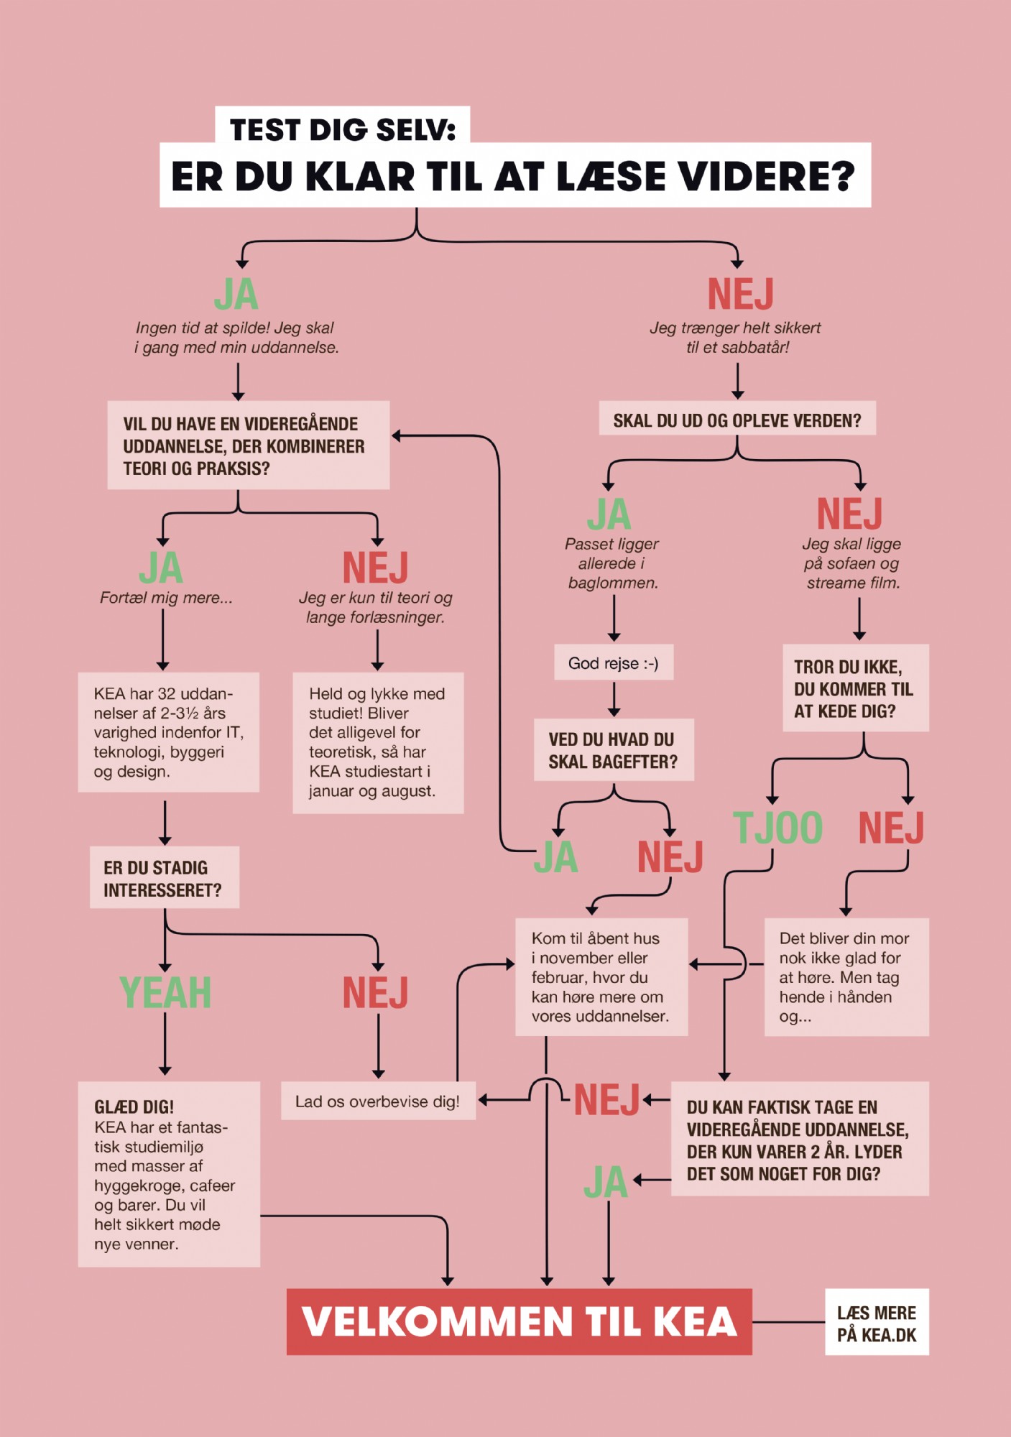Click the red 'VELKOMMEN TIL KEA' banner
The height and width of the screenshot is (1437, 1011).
pyautogui.click(x=519, y=1321)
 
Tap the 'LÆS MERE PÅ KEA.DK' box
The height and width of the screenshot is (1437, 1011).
pyautogui.click(x=877, y=1322)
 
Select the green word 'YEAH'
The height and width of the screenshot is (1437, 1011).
pyautogui.click(x=165, y=992)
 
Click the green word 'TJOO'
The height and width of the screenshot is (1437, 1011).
pyautogui.click(x=777, y=828)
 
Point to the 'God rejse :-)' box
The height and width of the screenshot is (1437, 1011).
pyautogui.click(x=614, y=662)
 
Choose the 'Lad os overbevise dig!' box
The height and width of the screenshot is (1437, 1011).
pyautogui.click(x=378, y=1101)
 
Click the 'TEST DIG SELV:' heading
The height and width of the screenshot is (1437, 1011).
pyautogui.click(x=343, y=129)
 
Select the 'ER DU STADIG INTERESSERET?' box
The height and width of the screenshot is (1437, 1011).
pyautogui.click(x=165, y=877)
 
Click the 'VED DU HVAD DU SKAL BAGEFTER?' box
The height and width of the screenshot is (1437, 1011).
pyautogui.click(x=614, y=749)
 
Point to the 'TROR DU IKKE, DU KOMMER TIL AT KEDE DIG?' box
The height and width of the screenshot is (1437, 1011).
pyautogui.click(x=856, y=688)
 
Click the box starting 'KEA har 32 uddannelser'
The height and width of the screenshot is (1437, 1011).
pyautogui.click(x=169, y=732)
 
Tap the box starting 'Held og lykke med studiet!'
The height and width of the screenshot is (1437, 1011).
pyautogui.click(x=378, y=743)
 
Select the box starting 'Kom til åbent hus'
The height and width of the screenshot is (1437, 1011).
pyautogui.click(x=601, y=976)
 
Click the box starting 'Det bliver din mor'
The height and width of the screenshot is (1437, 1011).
pyautogui.click(x=846, y=976)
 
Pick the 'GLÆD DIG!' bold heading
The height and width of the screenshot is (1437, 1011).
pyautogui.click(x=134, y=1106)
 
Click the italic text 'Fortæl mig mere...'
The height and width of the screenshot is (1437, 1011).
pyautogui.click(x=166, y=598)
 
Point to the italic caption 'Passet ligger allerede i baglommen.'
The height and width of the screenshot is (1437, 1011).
pyautogui.click(x=612, y=563)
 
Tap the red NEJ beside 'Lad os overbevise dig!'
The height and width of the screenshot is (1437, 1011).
pyautogui.click(x=607, y=1100)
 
